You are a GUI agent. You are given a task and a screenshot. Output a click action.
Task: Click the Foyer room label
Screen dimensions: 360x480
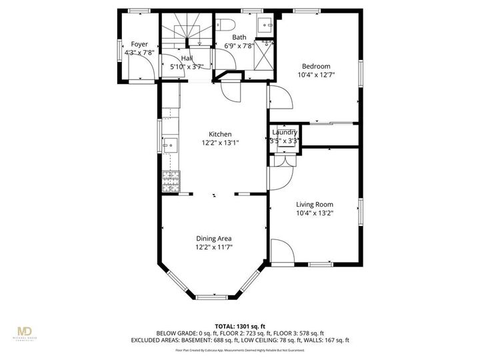(x=139, y=44)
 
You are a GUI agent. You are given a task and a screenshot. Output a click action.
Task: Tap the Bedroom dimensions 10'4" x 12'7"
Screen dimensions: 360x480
(x=315, y=75)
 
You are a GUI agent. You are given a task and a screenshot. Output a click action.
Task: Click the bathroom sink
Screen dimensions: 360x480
(x=264, y=27)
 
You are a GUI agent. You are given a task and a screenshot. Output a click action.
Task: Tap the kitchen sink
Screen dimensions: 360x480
(x=169, y=143)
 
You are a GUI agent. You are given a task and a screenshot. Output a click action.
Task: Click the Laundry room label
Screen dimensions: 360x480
(x=284, y=133)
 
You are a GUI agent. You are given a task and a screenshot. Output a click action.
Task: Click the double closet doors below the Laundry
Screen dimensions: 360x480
(x=284, y=160)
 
